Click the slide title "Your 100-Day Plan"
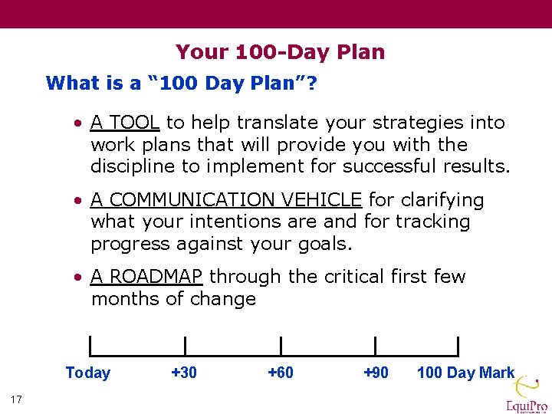coord(280,52)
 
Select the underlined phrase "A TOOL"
coord(125,123)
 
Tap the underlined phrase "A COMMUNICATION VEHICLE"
coord(226,200)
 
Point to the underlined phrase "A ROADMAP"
coord(146,277)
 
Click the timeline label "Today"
coord(88,373)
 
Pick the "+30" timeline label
coord(184,373)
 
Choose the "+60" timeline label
coord(280,373)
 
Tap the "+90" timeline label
coord(376,373)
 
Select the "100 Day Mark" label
coord(465,373)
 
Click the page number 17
coord(17,399)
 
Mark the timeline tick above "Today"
coord(90,346)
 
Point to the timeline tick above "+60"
coord(281,346)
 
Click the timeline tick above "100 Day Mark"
coord(458,346)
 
